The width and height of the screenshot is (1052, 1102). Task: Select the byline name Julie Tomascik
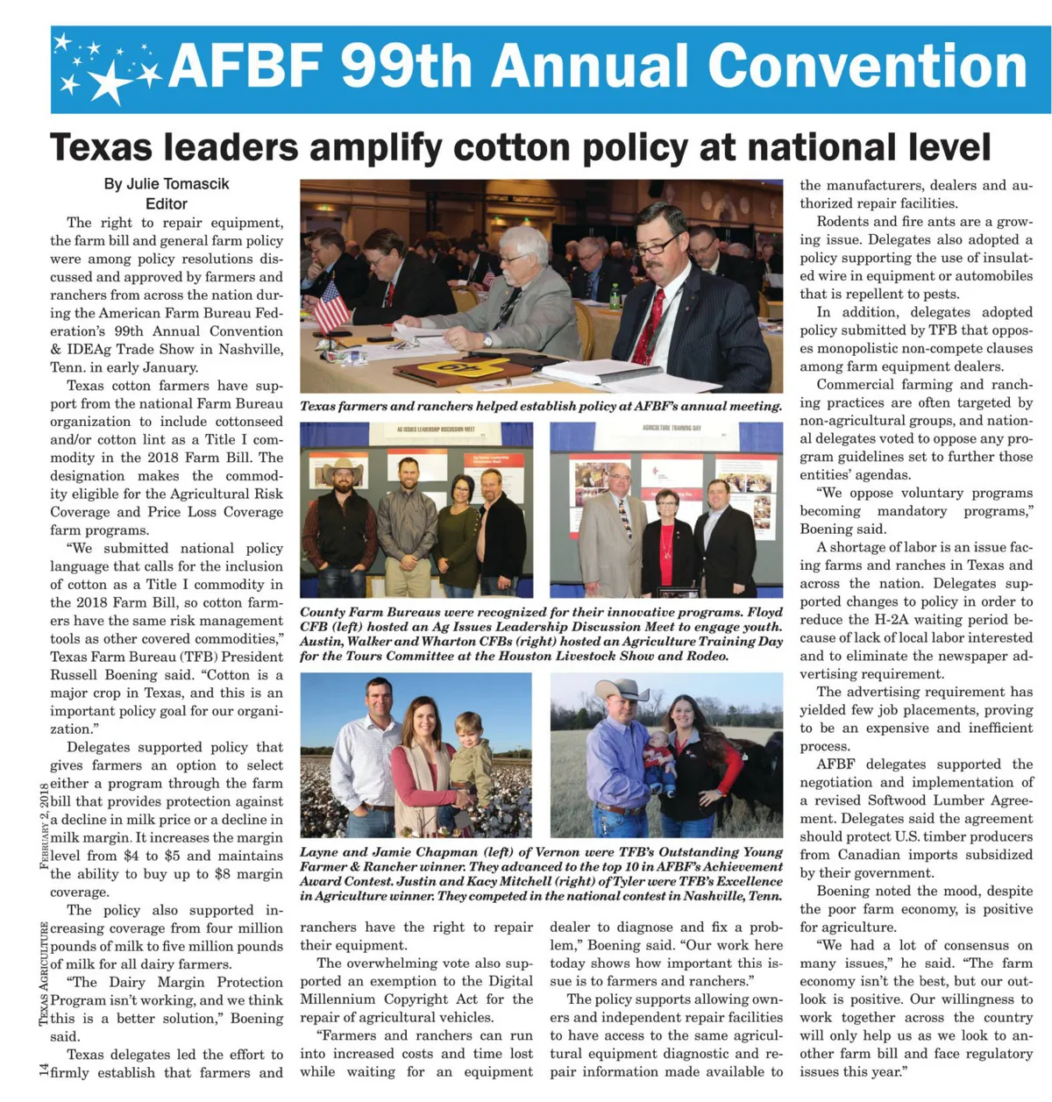(167, 184)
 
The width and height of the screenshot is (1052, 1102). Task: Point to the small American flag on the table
(331, 306)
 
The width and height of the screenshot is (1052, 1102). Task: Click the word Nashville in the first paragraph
(252, 349)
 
